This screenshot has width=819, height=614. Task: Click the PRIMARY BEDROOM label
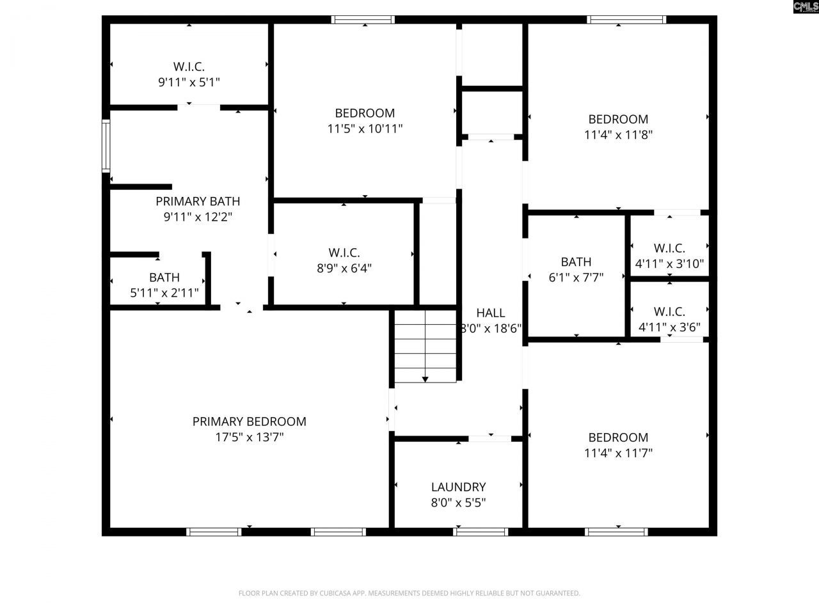click(249, 421)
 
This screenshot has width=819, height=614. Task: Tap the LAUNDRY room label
click(458, 487)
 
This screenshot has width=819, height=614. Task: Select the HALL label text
click(491, 313)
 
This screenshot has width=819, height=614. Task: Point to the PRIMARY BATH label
click(198, 201)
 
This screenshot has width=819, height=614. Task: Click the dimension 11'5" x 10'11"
click(365, 129)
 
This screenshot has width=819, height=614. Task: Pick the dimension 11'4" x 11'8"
click(618, 135)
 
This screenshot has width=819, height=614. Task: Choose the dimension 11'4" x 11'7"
click(618, 453)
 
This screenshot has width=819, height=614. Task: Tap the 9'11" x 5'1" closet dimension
click(189, 82)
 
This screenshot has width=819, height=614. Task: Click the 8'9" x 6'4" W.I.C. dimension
click(344, 269)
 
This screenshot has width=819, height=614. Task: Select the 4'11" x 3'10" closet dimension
click(669, 264)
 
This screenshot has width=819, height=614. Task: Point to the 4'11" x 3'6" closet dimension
click(669, 327)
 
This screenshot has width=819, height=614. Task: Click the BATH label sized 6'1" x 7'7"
click(576, 262)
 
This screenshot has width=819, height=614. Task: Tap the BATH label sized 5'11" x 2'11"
click(164, 278)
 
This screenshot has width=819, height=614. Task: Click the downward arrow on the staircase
click(425, 379)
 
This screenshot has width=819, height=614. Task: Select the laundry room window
click(481, 531)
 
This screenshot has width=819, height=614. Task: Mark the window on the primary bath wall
click(106, 146)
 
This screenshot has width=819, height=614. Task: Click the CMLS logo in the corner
click(805, 7)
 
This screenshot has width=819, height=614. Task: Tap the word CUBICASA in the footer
click(334, 594)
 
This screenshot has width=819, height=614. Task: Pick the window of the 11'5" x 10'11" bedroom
click(363, 20)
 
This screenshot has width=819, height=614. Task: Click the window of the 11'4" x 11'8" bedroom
click(626, 20)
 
